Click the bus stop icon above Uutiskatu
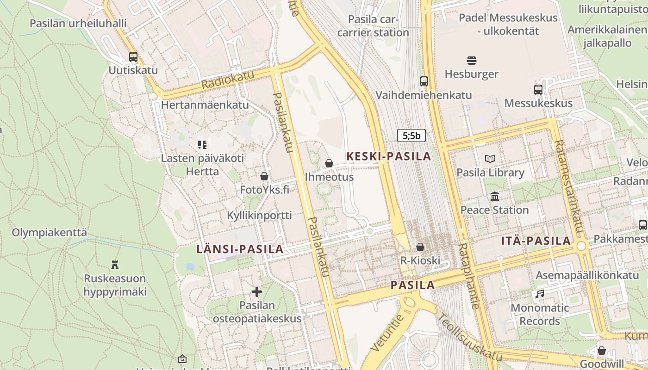click(x=133, y=57)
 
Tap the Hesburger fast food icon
click(x=471, y=61)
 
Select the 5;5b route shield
click(x=411, y=136)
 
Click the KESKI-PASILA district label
click(x=389, y=156)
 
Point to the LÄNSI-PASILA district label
click(x=240, y=249)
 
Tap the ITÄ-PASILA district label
click(x=536, y=240)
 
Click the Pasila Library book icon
click(x=490, y=159)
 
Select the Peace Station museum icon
click(x=494, y=197)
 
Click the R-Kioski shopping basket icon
click(x=420, y=247)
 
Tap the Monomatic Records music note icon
click(x=539, y=294)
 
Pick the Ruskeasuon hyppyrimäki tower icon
click(x=115, y=265)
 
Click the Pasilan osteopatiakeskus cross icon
click(x=257, y=292)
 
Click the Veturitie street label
click(x=387, y=332)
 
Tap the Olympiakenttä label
click(x=49, y=232)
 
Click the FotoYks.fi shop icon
click(x=264, y=176)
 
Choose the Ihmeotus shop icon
click(x=329, y=163)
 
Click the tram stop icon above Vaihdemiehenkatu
click(x=424, y=81)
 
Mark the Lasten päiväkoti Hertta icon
click(x=202, y=145)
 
